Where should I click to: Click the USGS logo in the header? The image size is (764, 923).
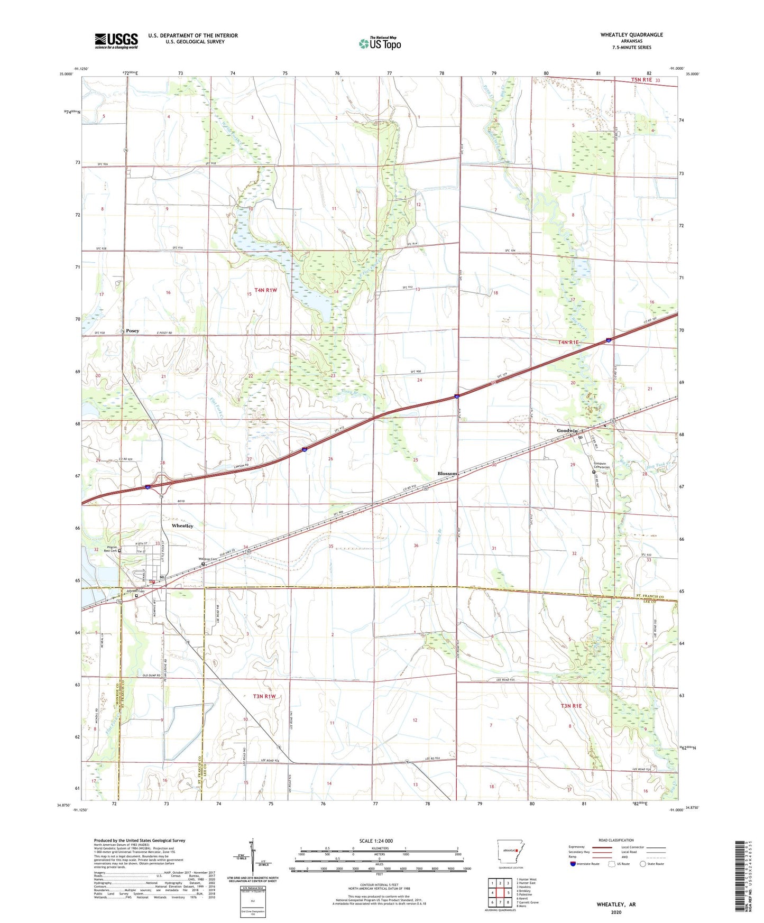116,41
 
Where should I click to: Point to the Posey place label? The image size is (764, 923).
133,331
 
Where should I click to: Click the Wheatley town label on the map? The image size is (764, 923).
182,526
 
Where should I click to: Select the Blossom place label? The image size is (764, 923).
447,474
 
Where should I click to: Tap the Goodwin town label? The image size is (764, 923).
567,431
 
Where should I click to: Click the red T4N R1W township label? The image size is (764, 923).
265,290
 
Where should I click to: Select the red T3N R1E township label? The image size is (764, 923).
571,706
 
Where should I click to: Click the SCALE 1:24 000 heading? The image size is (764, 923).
375,841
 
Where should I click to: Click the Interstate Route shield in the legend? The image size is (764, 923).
573,864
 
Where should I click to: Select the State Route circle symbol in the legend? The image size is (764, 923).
643,864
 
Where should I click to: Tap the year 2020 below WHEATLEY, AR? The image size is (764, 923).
616,912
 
